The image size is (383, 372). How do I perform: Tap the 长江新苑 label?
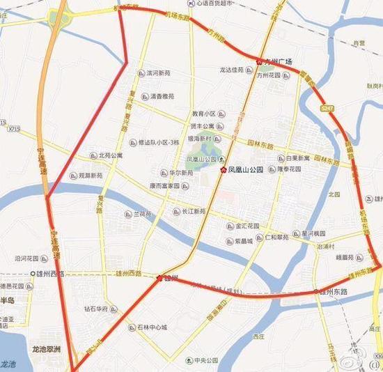[x=192, y=211]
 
